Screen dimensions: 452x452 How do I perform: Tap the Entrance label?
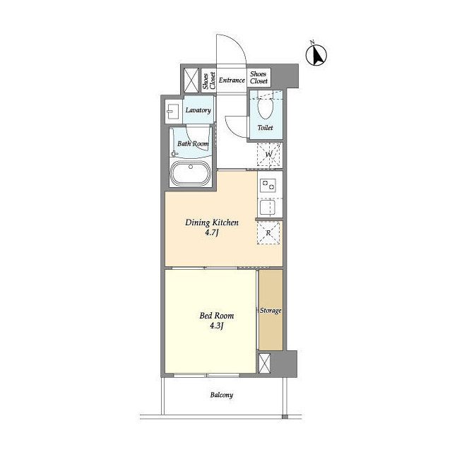pyautogui.click(x=232, y=80)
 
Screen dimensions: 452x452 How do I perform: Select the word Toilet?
pyautogui.click(x=266, y=127)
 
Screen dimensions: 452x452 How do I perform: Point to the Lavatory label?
pyautogui.click(x=198, y=110)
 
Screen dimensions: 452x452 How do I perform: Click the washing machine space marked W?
pyautogui.click(x=268, y=155)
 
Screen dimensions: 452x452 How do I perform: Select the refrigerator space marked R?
pyautogui.click(x=268, y=232)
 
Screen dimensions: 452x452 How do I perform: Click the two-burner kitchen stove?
pyautogui.click(x=268, y=185)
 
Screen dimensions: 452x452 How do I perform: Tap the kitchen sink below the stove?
pyautogui.click(x=268, y=207)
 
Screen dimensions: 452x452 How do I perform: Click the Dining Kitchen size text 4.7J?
pyautogui.click(x=211, y=232)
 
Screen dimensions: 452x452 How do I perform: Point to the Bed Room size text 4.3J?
pyautogui.click(x=217, y=326)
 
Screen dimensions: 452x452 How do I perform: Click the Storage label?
pyautogui.click(x=270, y=311)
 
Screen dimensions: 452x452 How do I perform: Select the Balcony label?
pyautogui.click(x=221, y=395)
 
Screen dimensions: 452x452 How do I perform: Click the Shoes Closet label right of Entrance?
pyautogui.click(x=258, y=78)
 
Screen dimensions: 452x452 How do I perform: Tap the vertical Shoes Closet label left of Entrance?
pyautogui.click(x=209, y=81)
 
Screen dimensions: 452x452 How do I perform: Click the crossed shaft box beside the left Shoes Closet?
pyautogui.click(x=191, y=81)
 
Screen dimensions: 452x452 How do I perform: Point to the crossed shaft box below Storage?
pyautogui.click(x=264, y=363)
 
